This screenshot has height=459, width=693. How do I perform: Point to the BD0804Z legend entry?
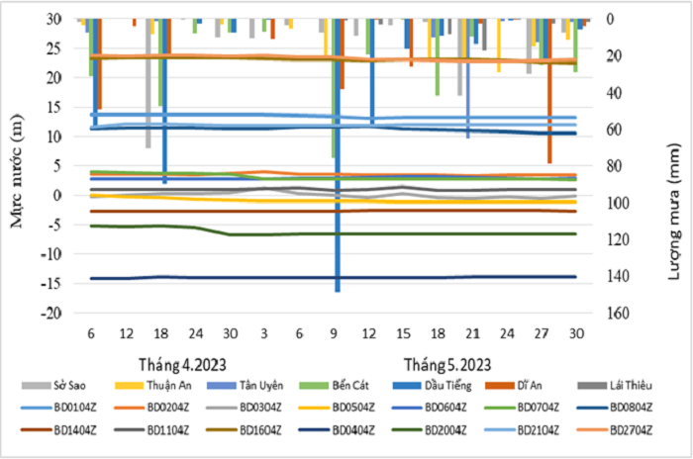639,407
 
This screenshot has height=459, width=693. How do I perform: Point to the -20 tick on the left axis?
61,313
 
